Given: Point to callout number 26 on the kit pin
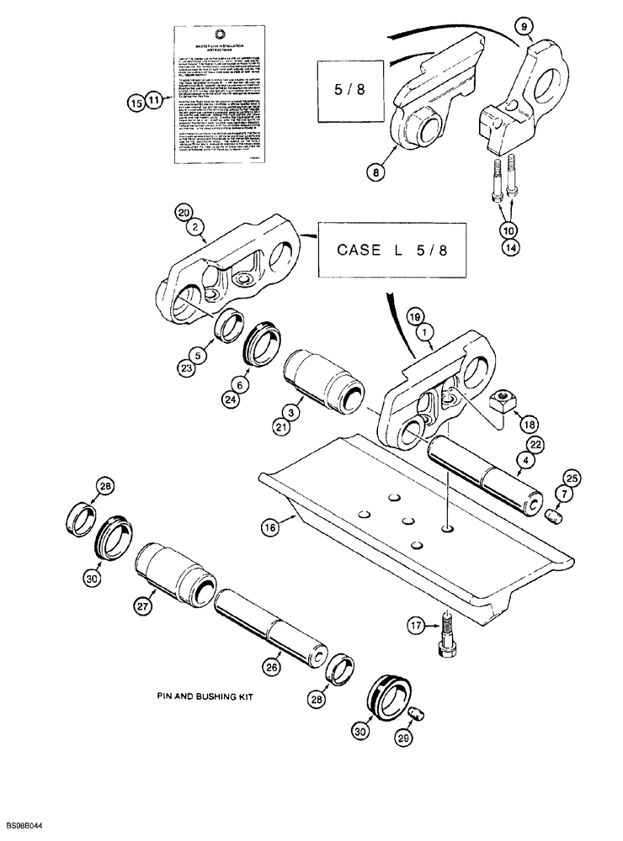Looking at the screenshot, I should click(x=271, y=668).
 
